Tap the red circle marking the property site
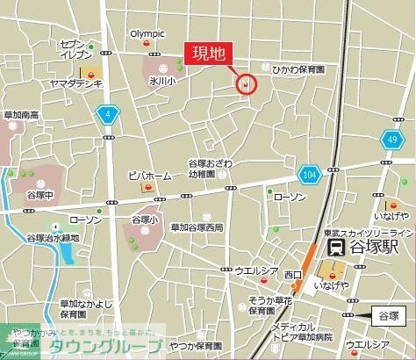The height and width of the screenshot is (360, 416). [247, 84]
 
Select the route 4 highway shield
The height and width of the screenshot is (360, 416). [108, 114]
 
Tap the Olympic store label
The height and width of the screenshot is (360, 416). [147, 34]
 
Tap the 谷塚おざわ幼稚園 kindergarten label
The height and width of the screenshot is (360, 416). [211, 169]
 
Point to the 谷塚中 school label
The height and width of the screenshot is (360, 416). [41, 195]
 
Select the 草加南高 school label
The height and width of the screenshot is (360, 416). [21, 115]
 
